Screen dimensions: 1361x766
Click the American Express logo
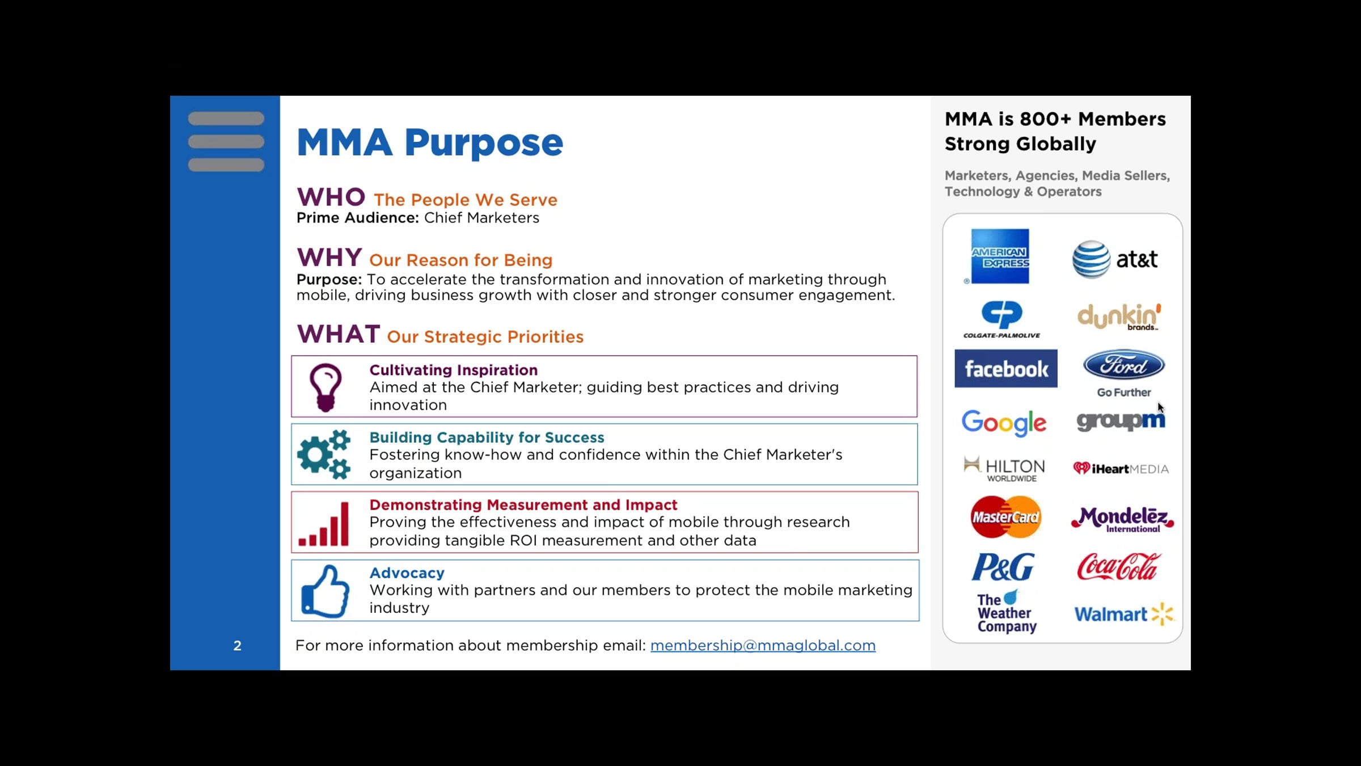[999, 256]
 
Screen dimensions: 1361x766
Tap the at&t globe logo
[1091, 259]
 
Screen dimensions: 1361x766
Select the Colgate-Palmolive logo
[1002, 319]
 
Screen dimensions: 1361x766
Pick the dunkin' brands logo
[1119, 317]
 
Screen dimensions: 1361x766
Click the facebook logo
[1006, 369]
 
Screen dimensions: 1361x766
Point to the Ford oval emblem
[1124, 365]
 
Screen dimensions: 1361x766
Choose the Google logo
[1004, 423]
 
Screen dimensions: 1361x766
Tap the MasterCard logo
[1006, 517]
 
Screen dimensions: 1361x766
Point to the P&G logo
[1003, 567]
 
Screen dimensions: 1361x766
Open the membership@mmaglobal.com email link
[763, 646]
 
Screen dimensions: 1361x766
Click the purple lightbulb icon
[326, 388]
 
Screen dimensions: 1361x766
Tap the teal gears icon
[324, 454]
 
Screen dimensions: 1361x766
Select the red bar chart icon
[324, 524]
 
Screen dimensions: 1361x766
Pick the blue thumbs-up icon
[326, 591]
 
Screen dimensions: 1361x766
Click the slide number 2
[238, 646]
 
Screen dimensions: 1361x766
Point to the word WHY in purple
[329, 258]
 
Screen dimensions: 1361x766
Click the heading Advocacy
[407, 573]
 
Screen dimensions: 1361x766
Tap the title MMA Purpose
[430, 142]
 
